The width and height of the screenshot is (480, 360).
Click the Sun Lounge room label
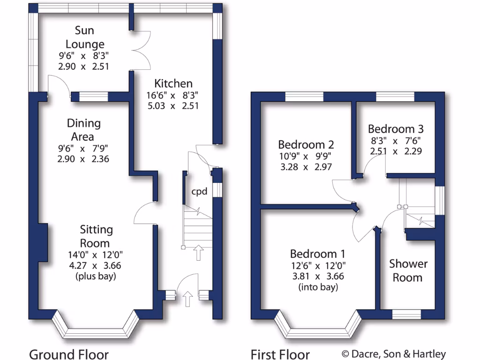85,37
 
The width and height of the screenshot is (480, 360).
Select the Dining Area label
83,130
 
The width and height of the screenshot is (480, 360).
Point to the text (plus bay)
96,276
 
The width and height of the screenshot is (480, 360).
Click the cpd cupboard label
199,191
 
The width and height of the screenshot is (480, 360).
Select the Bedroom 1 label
318,254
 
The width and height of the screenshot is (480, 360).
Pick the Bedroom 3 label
391,129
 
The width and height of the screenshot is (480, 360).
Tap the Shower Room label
407,270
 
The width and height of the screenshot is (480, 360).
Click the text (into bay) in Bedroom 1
318,287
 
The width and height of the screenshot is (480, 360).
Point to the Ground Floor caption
69,354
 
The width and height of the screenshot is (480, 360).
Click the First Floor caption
280,354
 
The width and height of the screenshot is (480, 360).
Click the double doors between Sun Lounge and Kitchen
141,51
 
